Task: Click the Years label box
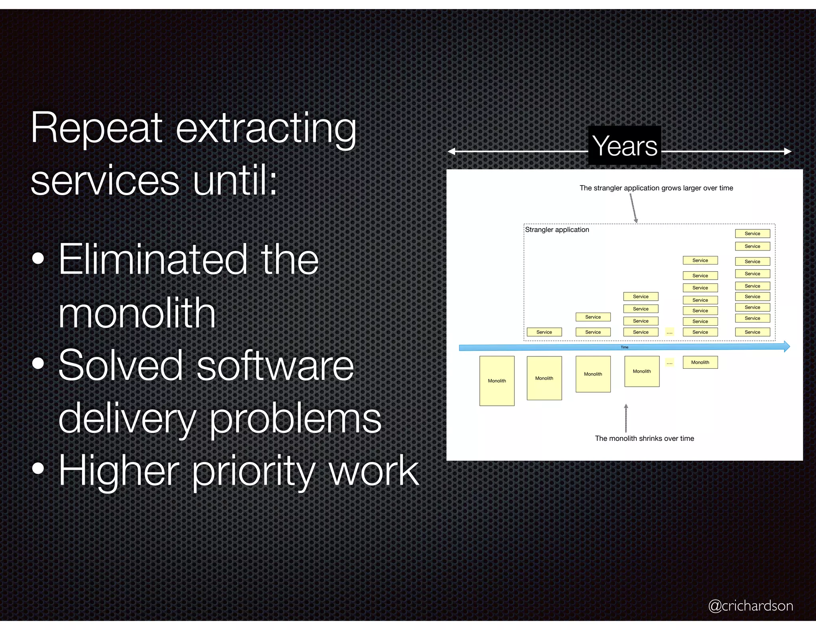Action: [x=624, y=146]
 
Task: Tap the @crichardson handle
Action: [x=750, y=606]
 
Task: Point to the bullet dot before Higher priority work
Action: [x=38, y=469]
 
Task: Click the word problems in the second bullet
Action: [x=295, y=419]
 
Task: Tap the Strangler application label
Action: [x=557, y=230]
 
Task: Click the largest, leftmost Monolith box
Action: [x=497, y=381]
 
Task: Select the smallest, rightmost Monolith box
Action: [x=700, y=362]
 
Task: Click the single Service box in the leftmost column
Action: [x=544, y=332]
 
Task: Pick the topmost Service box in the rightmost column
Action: [x=752, y=234]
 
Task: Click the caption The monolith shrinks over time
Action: [x=644, y=438]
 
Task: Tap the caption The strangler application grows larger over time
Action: [x=656, y=188]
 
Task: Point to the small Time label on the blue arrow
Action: [x=624, y=347]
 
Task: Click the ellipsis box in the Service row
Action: [x=669, y=332]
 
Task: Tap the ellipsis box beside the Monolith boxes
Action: [x=669, y=362]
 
